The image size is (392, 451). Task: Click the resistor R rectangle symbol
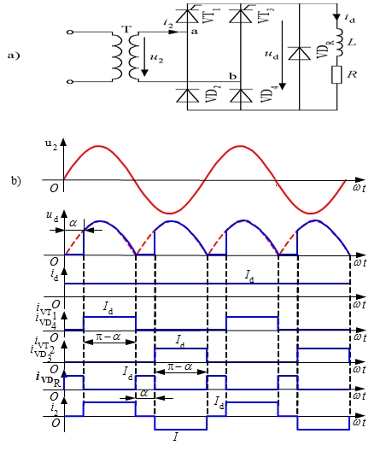click(336, 75)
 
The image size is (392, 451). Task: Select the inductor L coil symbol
click(339, 43)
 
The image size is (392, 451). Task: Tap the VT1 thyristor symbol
click(187, 15)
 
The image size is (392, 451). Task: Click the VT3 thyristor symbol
click(241, 15)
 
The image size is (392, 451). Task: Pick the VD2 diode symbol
click(187, 96)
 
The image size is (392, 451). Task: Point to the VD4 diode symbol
click(241, 96)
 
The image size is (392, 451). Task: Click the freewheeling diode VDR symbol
click(300, 53)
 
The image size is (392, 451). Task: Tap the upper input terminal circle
click(70, 32)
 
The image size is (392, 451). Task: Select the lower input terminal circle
click(70, 82)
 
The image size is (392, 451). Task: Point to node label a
click(195, 32)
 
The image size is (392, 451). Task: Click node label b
click(232, 76)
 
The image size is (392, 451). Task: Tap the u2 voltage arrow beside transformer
click(144, 56)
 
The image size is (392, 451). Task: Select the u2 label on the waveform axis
click(51, 144)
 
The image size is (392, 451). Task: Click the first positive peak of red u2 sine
click(99, 146)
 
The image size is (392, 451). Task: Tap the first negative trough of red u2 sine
click(170, 214)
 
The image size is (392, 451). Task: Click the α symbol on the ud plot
click(73, 223)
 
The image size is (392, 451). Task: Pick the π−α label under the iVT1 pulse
click(108, 337)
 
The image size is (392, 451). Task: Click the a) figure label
click(14, 56)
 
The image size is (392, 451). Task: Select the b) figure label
click(16, 180)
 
